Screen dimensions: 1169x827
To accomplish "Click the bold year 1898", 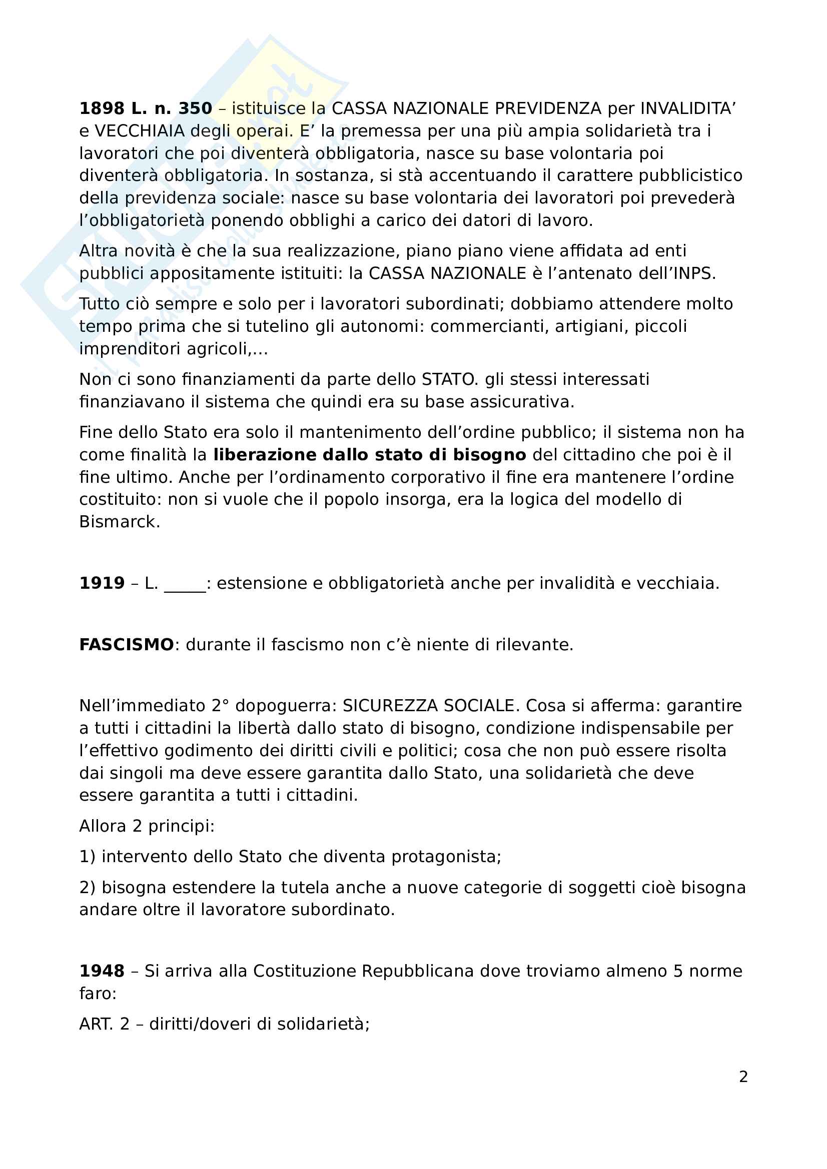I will [x=102, y=108].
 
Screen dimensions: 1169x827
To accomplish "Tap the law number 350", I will [x=195, y=108].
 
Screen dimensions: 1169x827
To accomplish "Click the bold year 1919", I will [x=102, y=583].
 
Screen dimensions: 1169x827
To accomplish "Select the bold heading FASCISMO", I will [x=127, y=645].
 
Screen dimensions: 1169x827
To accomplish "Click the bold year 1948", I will [x=102, y=971].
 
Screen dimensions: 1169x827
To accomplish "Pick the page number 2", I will [x=743, y=1077].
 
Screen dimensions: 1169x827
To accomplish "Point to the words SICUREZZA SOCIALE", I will [x=429, y=706].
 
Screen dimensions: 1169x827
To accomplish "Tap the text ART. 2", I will [x=104, y=1024].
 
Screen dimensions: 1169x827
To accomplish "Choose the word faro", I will [x=97, y=994].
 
